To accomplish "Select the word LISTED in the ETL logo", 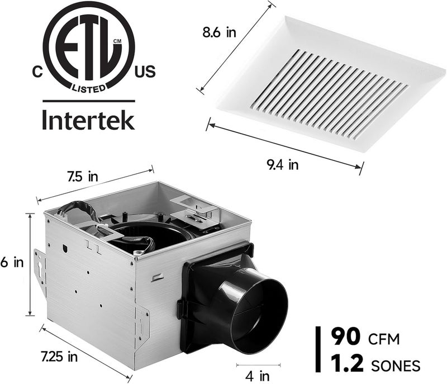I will tap(89, 88).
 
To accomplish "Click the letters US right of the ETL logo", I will tap(145, 72).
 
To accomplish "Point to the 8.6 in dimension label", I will tap(219, 32).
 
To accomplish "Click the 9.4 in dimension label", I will tap(282, 164).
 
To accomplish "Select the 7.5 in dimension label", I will tap(83, 177).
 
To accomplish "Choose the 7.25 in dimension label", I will tap(62, 355).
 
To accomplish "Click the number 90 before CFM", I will tap(345, 337).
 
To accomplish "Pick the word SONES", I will tap(396, 366).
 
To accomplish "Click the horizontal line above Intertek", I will tap(89, 101).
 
